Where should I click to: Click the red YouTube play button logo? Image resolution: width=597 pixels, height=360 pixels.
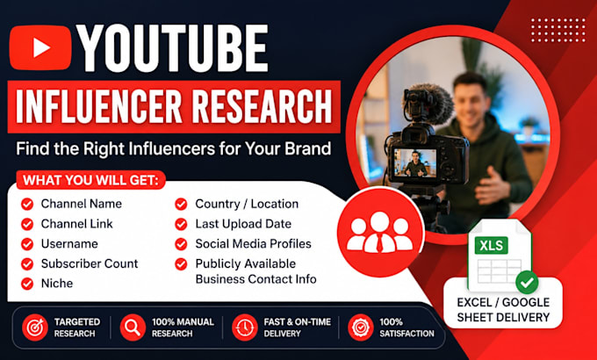click(x=40, y=47)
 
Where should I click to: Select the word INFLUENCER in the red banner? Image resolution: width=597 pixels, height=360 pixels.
click(x=99, y=106)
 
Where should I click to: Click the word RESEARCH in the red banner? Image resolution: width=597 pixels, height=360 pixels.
click(x=262, y=106)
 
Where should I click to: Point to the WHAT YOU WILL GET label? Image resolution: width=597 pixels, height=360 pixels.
click(x=90, y=180)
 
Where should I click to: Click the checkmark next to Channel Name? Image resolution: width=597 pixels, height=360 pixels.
click(x=27, y=205)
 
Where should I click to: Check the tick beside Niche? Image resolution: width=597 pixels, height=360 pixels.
click(x=27, y=284)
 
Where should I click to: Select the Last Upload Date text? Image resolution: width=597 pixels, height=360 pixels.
click(x=243, y=224)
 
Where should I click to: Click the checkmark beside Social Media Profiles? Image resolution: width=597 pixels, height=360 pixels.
click(x=181, y=244)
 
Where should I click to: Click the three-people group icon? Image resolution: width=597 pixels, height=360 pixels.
click(x=380, y=233)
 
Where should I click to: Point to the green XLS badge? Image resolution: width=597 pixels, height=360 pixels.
click(x=491, y=246)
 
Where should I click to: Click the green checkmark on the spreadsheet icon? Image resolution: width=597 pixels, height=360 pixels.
click(x=527, y=282)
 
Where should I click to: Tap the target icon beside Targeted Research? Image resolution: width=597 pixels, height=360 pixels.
click(x=34, y=328)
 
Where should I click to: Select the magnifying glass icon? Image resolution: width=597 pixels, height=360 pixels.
click(x=133, y=328)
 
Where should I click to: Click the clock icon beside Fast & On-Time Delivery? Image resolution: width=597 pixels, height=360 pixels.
click(x=245, y=328)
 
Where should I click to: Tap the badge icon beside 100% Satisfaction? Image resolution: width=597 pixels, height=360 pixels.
click(x=361, y=328)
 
